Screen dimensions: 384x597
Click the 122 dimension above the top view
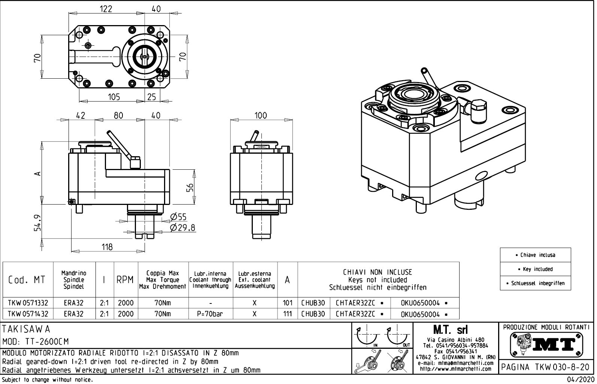[x=106, y=9]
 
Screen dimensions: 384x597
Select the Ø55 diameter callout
[x=178, y=217]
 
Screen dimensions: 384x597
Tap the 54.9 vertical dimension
[x=37, y=223]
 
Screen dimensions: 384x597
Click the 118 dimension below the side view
[x=107, y=247]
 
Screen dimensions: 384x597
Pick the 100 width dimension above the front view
[x=261, y=115]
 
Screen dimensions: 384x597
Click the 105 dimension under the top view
[x=114, y=97]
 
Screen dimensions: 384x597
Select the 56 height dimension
[x=191, y=188]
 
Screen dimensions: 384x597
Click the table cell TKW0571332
[x=28, y=303]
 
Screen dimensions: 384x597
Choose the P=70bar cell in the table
[x=210, y=314]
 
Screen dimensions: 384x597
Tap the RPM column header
[x=125, y=280]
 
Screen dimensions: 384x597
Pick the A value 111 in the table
[x=287, y=314]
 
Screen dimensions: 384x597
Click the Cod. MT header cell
[x=27, y=280]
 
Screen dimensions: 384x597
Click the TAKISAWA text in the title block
[x=26, y=329]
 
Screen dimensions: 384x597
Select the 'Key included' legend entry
[x=535, y=269]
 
